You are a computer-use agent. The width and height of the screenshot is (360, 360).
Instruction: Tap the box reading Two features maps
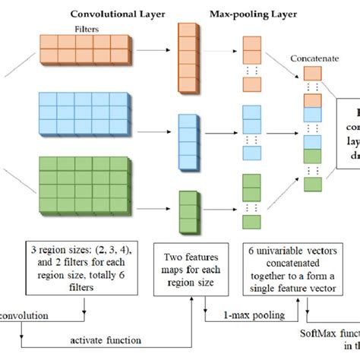click(x=188, y=267)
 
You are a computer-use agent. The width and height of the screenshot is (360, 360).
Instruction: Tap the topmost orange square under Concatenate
click(x=312, y=74)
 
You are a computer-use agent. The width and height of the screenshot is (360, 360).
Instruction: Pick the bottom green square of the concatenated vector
click(x=312, y=185)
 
